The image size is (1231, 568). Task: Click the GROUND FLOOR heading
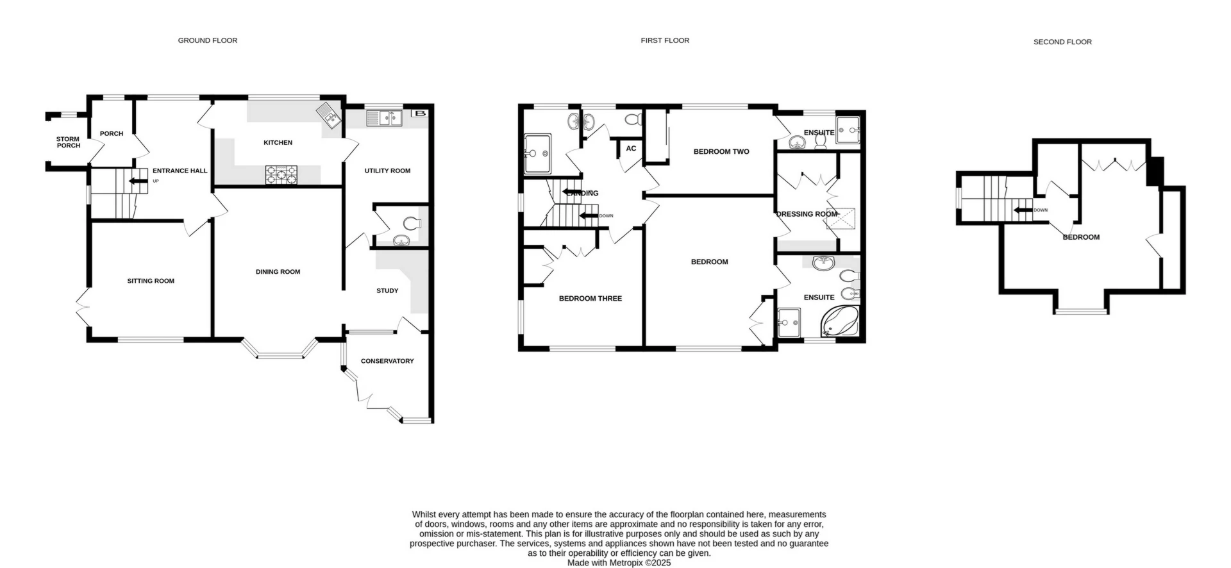click(207, 40)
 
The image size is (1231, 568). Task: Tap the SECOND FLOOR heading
click(1062, 42)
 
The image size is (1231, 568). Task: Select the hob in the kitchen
click(281, 174)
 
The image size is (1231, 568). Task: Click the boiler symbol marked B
click(420, 113)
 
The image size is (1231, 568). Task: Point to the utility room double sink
click(383, 117)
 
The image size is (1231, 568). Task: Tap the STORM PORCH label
click(68, 142)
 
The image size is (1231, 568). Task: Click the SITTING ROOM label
click(151, 281)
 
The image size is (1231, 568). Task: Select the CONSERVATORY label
click(387, 361)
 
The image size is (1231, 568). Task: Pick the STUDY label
click(387, 290)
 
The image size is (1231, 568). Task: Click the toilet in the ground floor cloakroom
click(411, 224)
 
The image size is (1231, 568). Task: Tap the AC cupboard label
click(631, 149)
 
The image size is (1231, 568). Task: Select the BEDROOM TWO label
click(721, 152)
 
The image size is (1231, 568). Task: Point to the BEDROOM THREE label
click(590, 298)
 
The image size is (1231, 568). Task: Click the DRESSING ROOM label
click(806, 214)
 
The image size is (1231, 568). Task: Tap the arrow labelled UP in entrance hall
click(137, 181)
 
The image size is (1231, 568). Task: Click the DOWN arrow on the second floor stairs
click(1022, 210)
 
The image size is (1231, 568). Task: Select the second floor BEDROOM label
click(1081, 237)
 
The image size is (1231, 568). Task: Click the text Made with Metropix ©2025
click(619, 563)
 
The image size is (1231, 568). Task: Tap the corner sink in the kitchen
click(328, 115)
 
